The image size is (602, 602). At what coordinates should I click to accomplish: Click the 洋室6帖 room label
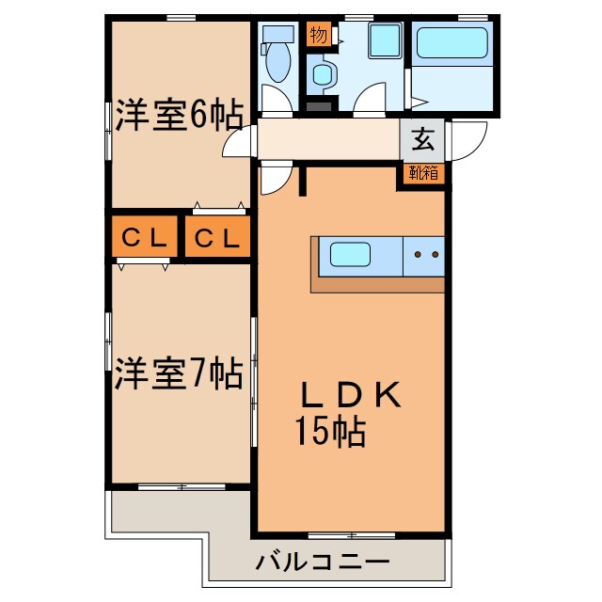point(179,117)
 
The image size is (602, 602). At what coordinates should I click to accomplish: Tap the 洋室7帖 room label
point(179,373)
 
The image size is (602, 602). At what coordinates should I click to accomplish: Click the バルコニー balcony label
point(323,563)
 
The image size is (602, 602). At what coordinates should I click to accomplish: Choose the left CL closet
point(144,239)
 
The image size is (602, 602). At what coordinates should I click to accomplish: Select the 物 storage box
point(318,36)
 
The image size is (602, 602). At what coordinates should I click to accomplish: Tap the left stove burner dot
point(417,254)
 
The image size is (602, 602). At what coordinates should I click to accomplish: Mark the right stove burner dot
point(435,254)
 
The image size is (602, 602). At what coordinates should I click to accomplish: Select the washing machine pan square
point(385,41)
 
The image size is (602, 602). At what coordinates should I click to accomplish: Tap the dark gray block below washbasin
point(320,105)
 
